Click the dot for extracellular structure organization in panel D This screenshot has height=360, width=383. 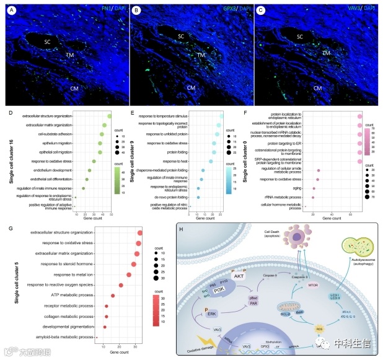click(x=109, y=116)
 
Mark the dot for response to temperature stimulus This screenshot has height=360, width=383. click(x=221, y=116)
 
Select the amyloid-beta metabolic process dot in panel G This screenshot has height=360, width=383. click(x=97, y=337)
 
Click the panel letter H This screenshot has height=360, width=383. click(x=181, y=229)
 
